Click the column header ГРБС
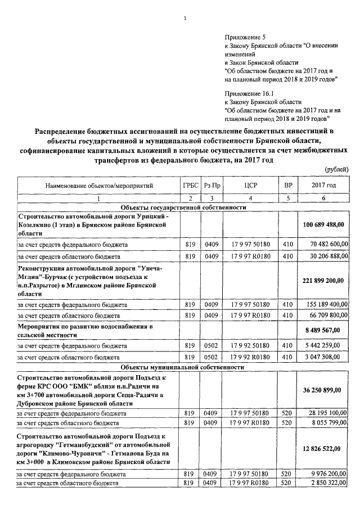[x=191, y=185]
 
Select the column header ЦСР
[x=250, y=185]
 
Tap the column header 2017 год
[x=323, y=185]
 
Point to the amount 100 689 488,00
[x=323, y=224]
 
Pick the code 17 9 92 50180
[x=250, y=346]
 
